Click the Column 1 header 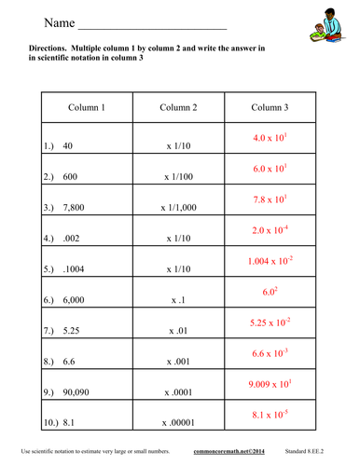click(87, 108)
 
